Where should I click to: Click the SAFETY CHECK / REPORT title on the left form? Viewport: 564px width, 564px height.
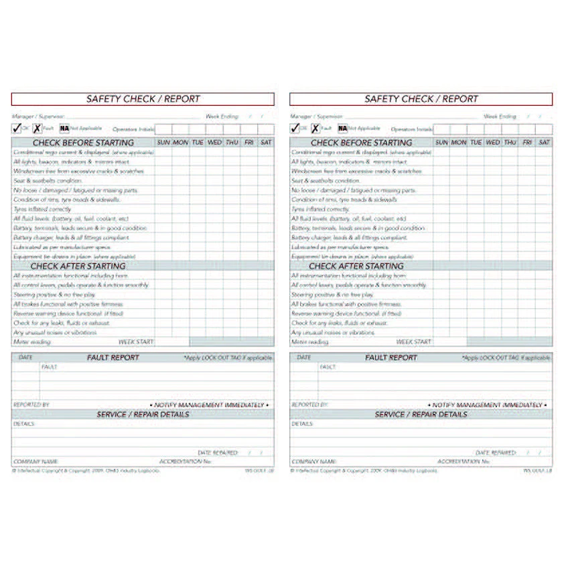point(143,99)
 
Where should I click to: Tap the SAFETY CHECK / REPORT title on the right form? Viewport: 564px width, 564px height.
point(421,99)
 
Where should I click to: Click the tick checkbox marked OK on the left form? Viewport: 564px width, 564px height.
point(17,128)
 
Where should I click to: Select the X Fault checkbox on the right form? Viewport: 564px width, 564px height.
point(315,128)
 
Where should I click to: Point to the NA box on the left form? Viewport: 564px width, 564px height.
point(64,128)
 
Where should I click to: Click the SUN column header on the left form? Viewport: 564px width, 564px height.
point(163,143)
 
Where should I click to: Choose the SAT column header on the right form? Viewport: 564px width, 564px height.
point(545,143)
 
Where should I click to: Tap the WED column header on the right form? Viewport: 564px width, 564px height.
point(492,143)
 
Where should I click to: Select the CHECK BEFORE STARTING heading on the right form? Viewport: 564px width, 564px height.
point(361,143)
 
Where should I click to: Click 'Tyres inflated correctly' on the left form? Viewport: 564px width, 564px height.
point(42,209)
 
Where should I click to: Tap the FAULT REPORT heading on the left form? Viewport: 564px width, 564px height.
point(113,358)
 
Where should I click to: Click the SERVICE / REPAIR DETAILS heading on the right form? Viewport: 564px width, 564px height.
point(421,415)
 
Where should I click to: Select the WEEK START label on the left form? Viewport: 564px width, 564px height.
point(136,342)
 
